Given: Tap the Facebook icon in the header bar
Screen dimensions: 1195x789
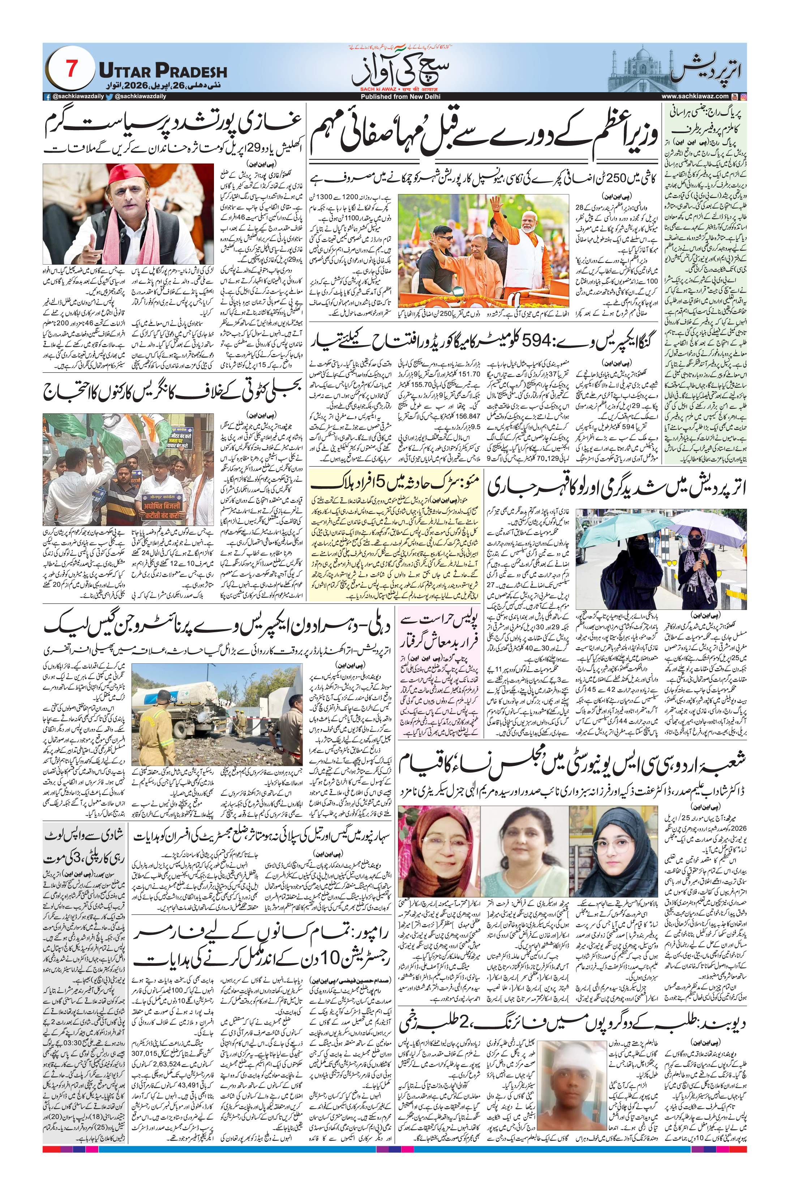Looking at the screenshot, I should coord(47,96).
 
